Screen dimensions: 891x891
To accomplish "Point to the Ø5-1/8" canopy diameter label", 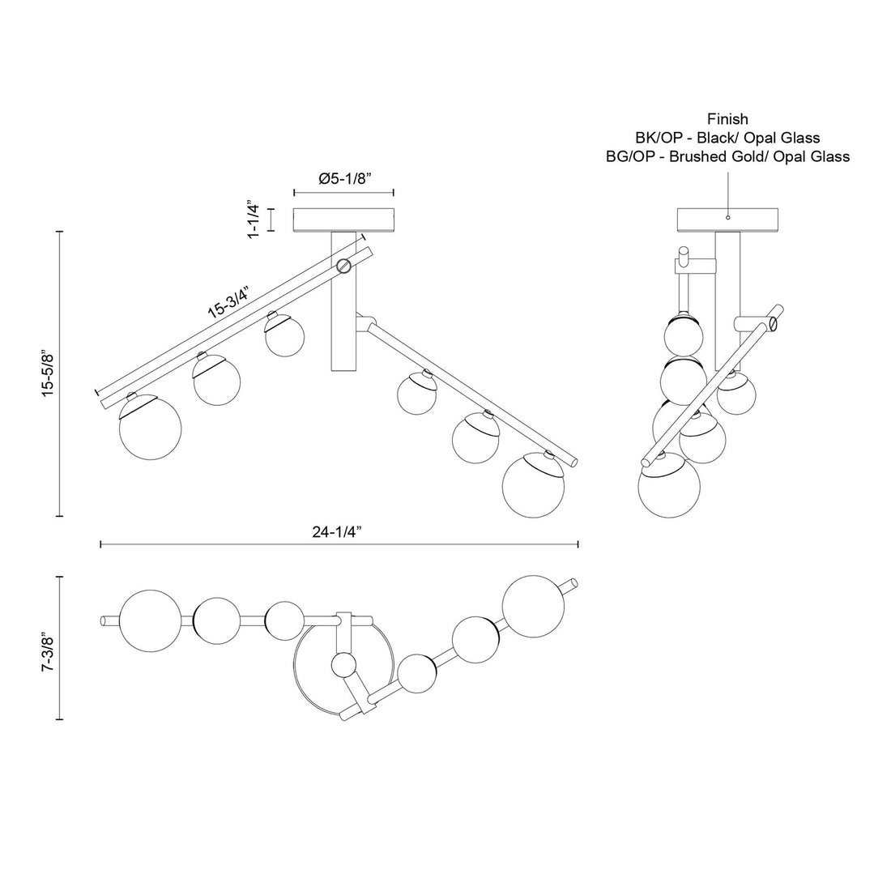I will [x=344, y=179].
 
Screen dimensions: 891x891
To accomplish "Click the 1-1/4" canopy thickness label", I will [x=254, y=219].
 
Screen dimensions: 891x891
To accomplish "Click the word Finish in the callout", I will [x=727, y=120].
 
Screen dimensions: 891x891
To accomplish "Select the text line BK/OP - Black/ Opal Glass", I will [x=727, y=138].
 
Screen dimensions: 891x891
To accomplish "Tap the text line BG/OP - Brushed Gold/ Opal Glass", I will [x=727, y=156].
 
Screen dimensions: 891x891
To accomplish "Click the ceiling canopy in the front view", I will [x=343, y=220].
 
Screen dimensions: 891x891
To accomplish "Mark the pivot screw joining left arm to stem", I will [x=343, y=264].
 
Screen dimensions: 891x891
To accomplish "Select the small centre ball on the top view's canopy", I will [x=344, y=666].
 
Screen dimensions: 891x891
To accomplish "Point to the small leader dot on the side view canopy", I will [x=727, y=217].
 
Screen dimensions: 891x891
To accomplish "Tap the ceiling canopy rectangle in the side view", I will [x=727, y=220].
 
